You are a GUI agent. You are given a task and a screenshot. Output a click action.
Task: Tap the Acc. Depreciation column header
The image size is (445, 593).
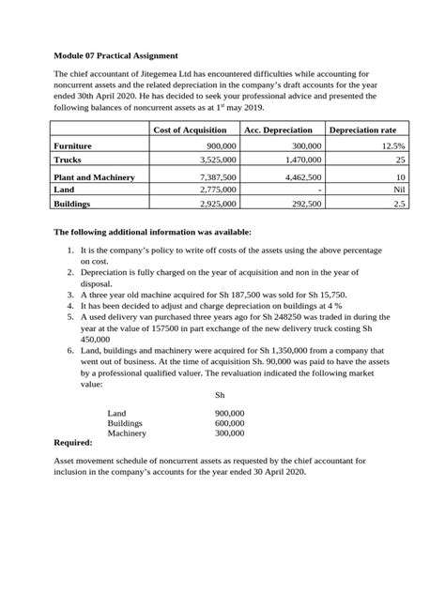(x=278, y=129)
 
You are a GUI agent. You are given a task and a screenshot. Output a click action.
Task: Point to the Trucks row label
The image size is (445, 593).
(x=67, y=160)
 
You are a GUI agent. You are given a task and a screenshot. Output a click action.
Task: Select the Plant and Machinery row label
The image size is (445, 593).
(x=94, y=176)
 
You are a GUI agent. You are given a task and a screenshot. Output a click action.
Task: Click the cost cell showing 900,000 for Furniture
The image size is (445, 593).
(x=221, y=146)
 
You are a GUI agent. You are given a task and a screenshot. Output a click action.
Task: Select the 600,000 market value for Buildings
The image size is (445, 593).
(x=229, y=423)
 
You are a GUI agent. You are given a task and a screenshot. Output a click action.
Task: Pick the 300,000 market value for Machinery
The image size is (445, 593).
(x=229, y=433)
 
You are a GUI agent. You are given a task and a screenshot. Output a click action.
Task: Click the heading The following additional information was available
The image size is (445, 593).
(x=152, y=231)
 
